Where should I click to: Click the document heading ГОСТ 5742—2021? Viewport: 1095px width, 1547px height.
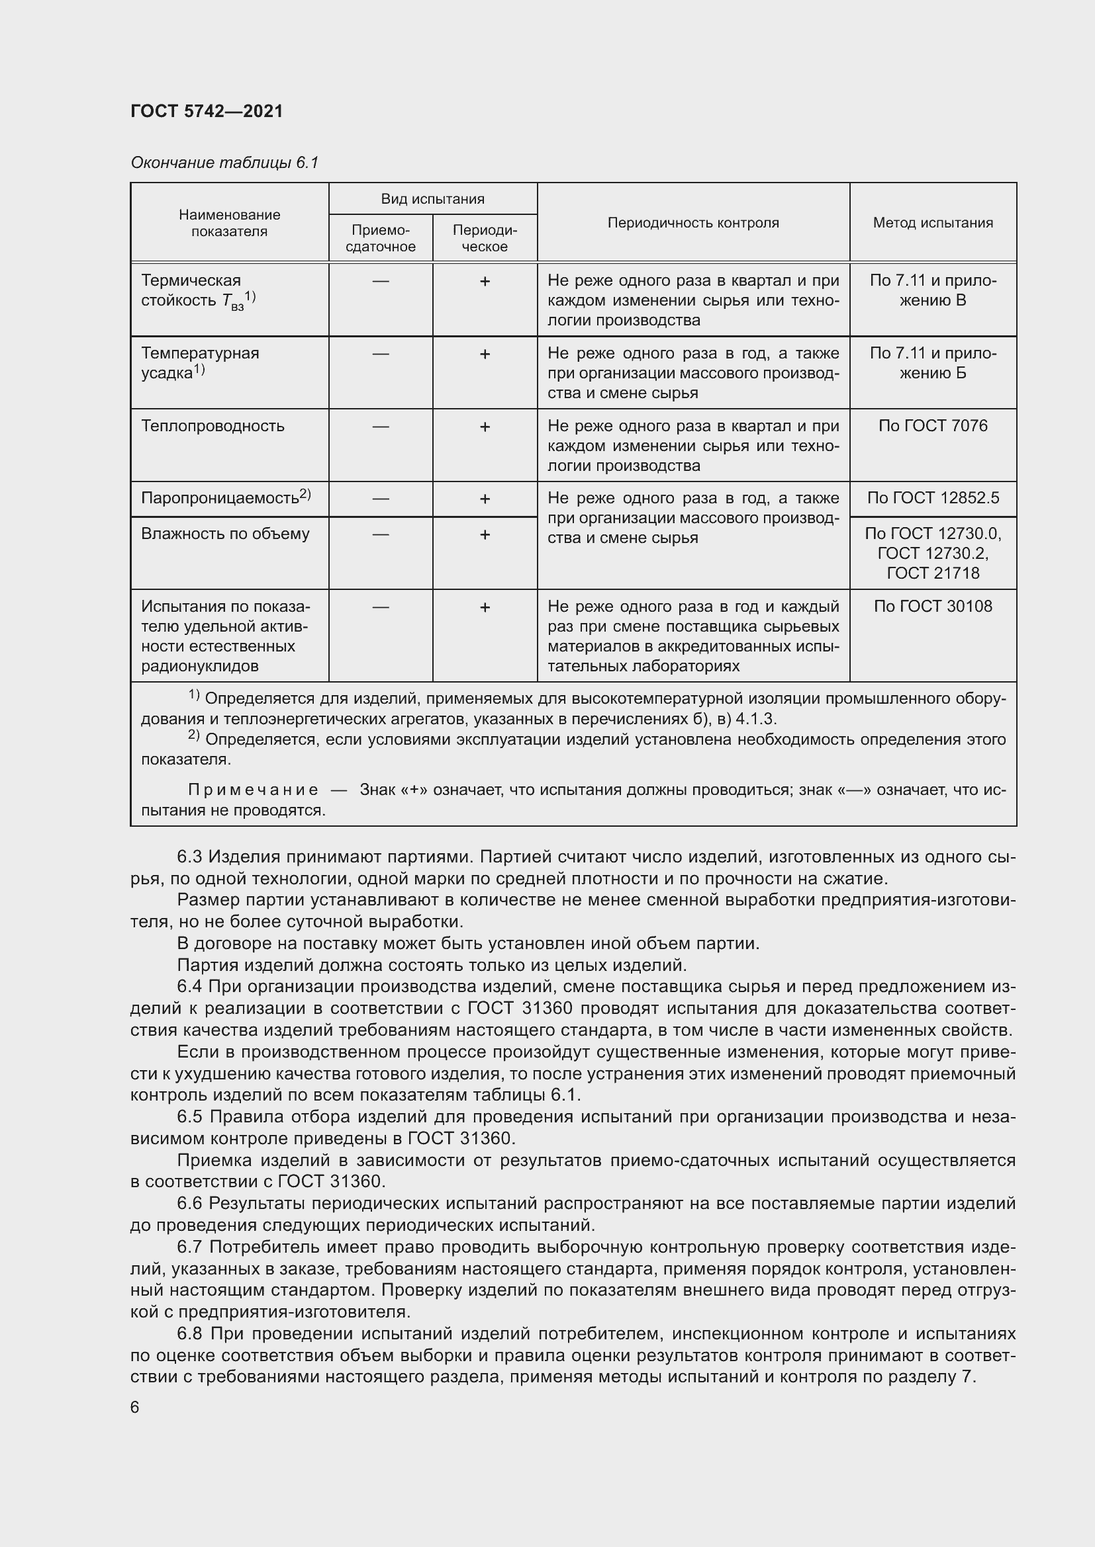[207, 111]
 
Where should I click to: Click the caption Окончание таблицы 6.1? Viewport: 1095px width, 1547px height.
[224, 163]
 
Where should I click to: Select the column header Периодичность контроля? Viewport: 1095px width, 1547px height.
[692, 223]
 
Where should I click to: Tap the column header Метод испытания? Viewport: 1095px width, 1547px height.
[933, 223]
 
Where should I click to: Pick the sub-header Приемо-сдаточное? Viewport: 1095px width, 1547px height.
[380, 239]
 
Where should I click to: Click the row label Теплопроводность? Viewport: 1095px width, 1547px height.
[213, 426]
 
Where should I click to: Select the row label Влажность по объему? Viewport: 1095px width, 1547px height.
[225, 534]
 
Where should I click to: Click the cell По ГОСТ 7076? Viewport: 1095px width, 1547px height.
[933, 426]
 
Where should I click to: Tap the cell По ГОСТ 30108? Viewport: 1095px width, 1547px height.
[933, 606]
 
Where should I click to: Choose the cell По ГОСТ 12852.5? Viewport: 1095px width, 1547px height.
[933, 498]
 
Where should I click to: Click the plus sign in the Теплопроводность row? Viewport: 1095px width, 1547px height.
[484, 427]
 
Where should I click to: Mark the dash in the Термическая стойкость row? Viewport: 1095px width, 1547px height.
[380, 281]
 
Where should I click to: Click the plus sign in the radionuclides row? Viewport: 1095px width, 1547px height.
[484, 608]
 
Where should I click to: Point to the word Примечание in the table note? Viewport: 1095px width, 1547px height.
[253, 790]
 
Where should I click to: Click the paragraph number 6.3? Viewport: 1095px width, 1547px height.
[189, 857]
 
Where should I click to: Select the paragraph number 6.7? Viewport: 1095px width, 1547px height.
[190, 1247]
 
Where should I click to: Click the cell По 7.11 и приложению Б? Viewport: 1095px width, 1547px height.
[933, 363]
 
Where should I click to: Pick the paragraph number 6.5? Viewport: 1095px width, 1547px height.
[190, 1117]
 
